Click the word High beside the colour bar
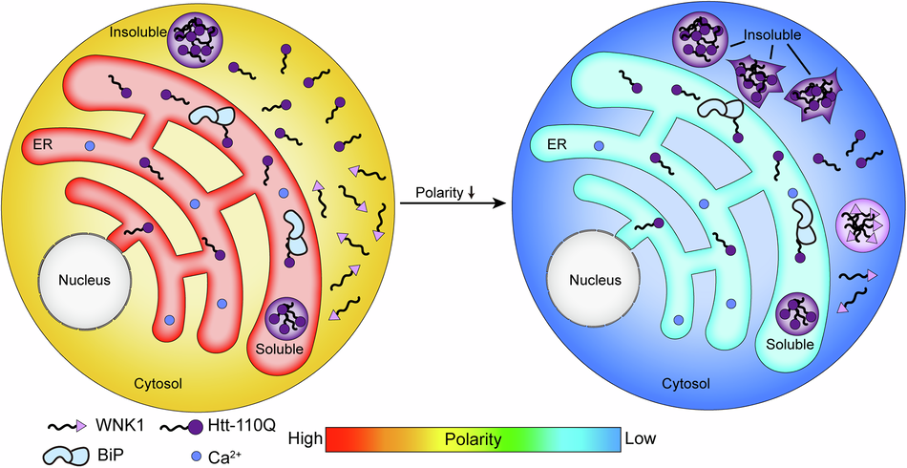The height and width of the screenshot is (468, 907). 305,439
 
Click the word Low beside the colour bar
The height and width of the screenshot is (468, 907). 639,439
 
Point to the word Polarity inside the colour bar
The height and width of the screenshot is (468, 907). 473,440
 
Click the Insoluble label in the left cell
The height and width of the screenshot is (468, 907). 137,30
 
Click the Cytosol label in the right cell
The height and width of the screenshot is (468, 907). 686,384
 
